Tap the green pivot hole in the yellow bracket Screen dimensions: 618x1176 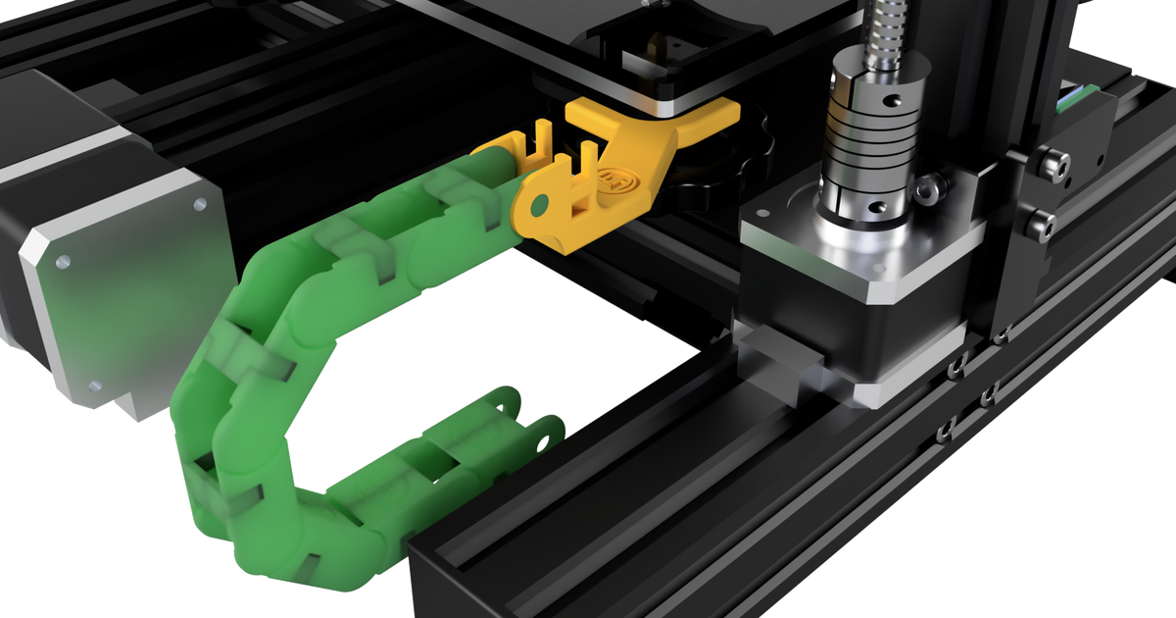click(536, 207)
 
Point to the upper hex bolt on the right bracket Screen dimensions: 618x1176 click(1052, 163)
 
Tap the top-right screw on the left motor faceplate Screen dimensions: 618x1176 click(200, 205)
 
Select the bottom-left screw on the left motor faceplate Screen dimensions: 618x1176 click(94, 386)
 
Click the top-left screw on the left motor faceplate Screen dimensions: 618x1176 click(63, 262)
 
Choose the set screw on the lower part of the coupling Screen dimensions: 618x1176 click(882, 207)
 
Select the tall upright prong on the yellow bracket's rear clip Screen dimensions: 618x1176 click(542, 136)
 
